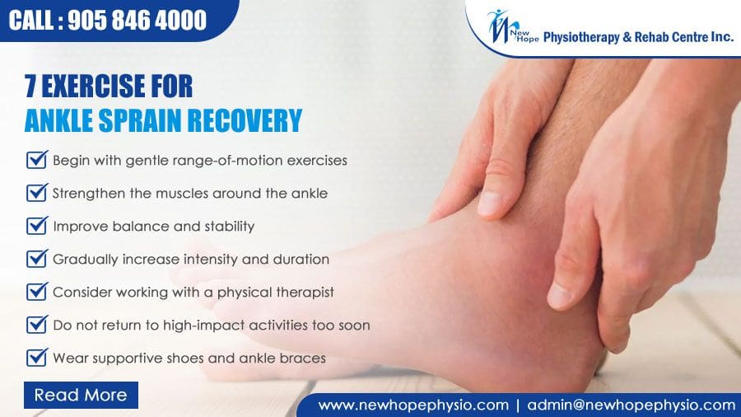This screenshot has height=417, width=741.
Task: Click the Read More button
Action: point(81,395)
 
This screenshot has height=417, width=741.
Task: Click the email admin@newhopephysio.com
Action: point(631,405)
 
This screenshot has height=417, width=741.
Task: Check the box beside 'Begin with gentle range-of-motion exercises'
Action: point(36,159)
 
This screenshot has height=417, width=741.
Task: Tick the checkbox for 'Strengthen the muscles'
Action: point(36,193)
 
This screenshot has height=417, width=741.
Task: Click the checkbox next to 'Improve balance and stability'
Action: point(36,225)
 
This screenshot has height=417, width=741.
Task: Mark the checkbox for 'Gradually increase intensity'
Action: point(36,259)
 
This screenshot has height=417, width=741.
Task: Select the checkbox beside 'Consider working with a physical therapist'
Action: point(36,292)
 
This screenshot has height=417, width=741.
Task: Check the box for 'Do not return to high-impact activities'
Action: point(36,325)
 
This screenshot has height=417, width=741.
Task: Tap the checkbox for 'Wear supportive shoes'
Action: point(36,358)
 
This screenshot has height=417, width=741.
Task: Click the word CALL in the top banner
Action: point(33,20)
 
